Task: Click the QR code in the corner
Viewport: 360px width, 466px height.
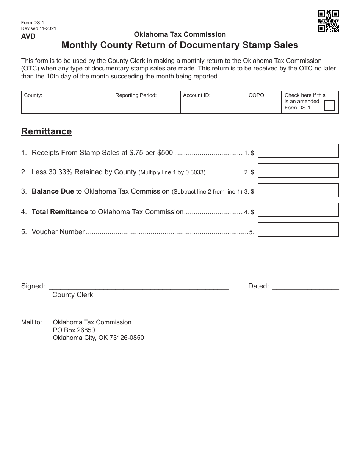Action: pyautogui.click(x=328, y=21)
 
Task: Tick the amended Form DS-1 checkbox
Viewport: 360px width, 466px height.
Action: pyautogui.click(x=329, y=105)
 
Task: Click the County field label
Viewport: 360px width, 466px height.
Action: pyautogui.click(x=33, y=95)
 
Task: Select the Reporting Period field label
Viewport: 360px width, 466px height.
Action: pyautogui.click(x=136, y=95)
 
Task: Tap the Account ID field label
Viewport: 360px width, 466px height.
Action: pyautogui.click(x=197, y=95)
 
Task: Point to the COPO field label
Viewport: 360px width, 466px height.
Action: pyautogui.click(x=257, y=95)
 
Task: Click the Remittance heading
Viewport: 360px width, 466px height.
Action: pyautogui.click(x=46, y=131)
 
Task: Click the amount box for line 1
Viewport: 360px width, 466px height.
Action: pyautogui.click(x=298, y=151)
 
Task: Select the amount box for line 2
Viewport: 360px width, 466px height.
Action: pyautogui.click(x=298, y=170)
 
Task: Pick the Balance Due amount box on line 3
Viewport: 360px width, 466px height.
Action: pyautogui.click(x=298, y=190)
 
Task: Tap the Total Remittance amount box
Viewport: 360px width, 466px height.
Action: pyautogui.click(x=298, y=210)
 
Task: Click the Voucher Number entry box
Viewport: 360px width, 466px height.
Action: pyautogui.click(x=298, y=230)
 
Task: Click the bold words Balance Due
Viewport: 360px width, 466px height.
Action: pyautogui.click(x=53, y=191)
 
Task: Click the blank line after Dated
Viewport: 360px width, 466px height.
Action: pyautogui.click(x=305, y=287)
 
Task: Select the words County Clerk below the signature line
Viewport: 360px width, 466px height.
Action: pyautogui.click(x=72, y=295)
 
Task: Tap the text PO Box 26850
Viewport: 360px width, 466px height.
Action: pyautogui.click(x=74, y=330)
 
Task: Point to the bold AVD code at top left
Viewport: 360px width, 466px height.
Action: pyautogui.click(x=28, y=36)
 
